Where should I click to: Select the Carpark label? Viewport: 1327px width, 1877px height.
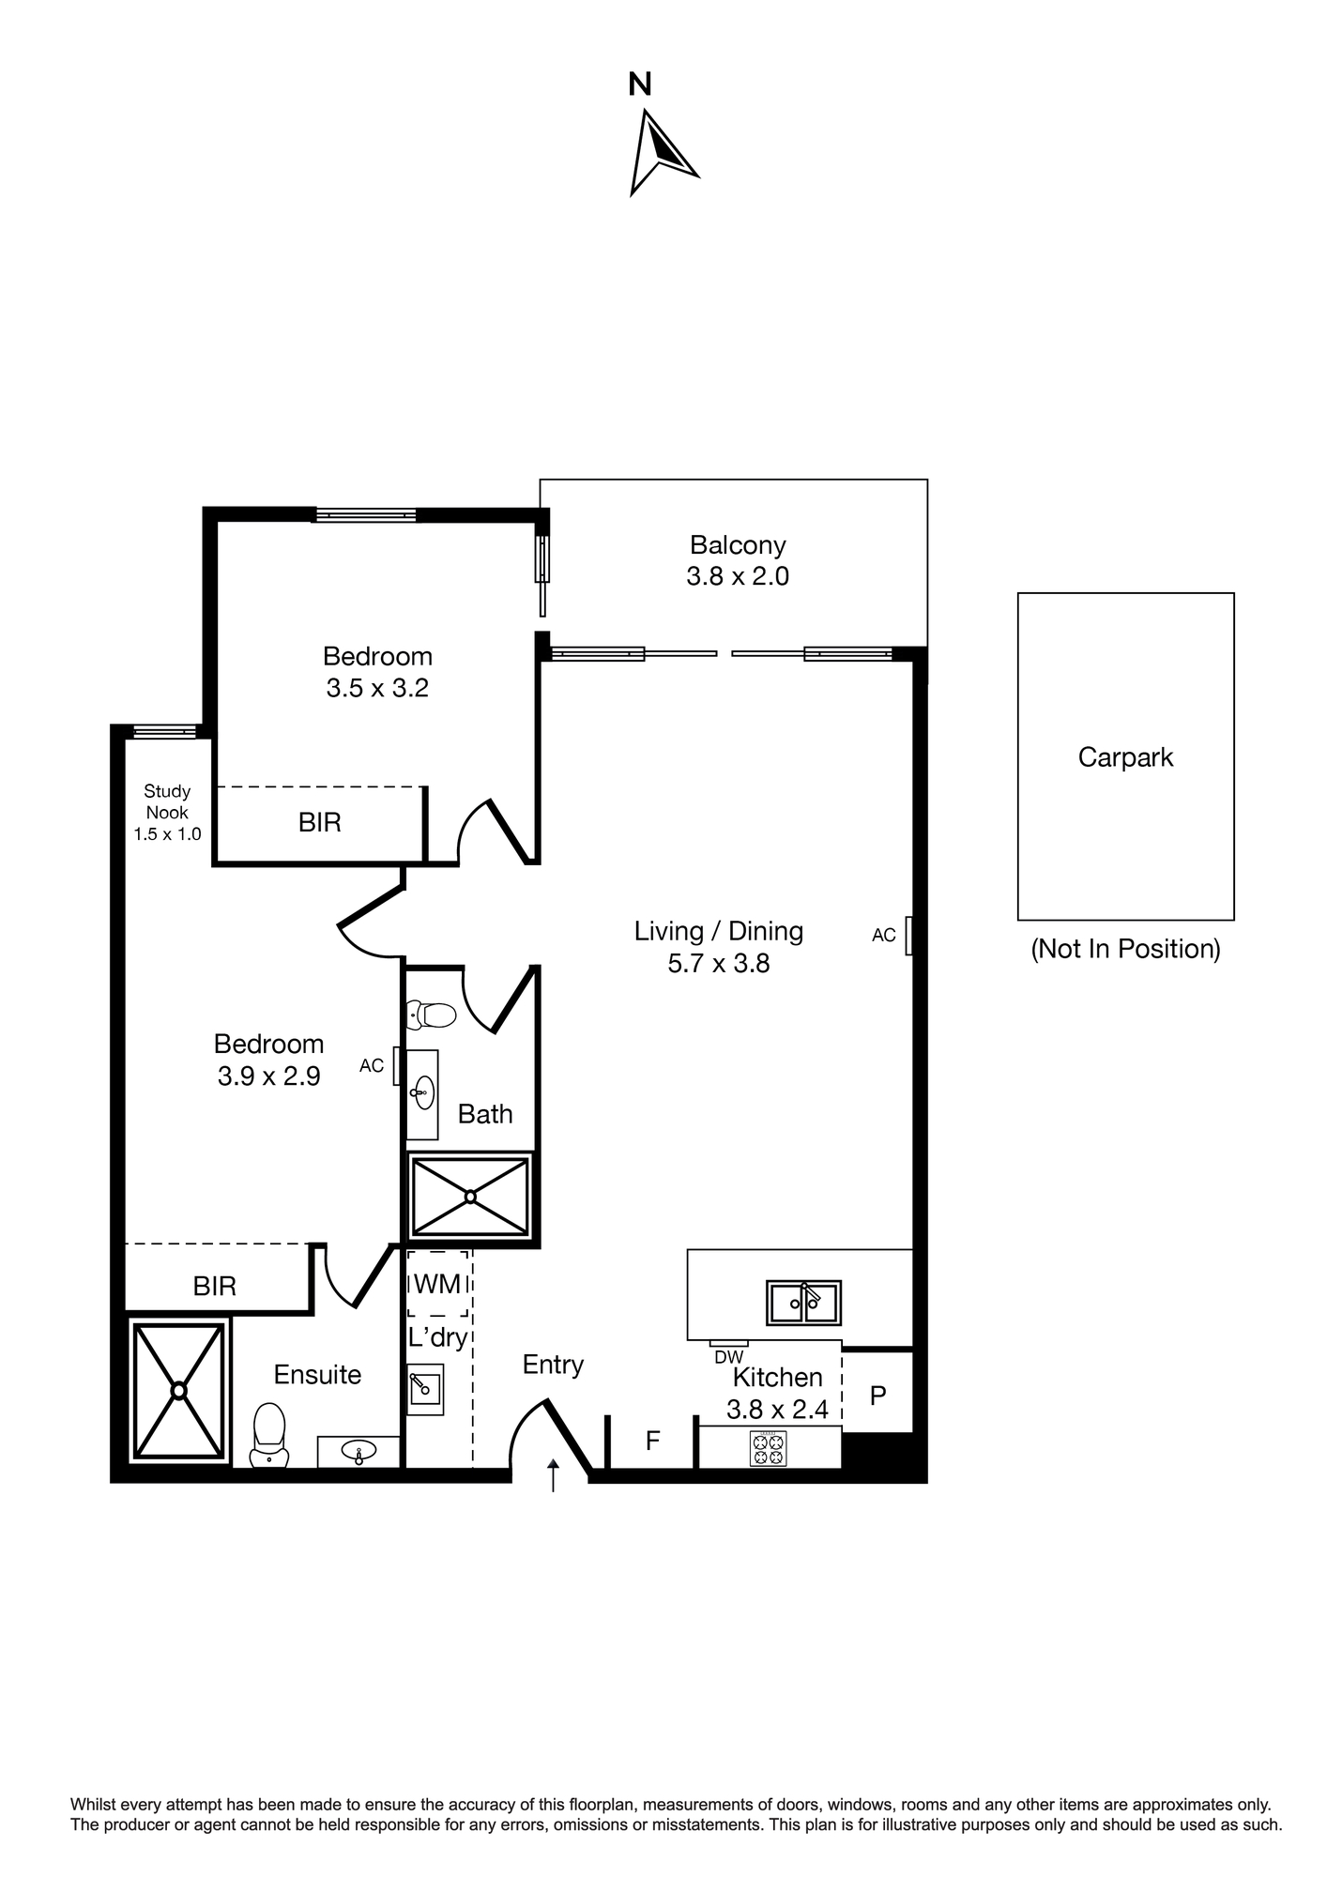[1125, 757]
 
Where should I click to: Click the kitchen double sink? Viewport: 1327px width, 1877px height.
[803, 1303]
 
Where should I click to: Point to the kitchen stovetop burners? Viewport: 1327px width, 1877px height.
[769, 1448]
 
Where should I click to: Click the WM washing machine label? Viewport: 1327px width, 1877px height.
[437, 1283]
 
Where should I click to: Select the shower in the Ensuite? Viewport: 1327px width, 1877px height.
[178, 1390]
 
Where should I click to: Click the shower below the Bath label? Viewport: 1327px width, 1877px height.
[470, 1197]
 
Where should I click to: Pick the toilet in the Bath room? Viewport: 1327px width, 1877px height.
[431, 1015]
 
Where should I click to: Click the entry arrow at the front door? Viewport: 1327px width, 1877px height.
[553, 1475]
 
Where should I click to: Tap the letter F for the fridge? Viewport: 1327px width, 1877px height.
[653, 1441]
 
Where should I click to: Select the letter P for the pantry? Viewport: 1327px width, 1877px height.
[877, 1396]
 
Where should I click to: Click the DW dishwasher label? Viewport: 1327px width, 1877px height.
[728, 1357]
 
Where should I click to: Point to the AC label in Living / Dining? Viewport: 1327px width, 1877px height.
[884, 935]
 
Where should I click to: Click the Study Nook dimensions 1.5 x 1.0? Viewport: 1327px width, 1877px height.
[167, 834]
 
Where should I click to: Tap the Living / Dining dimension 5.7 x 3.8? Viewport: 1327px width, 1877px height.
[719, 964]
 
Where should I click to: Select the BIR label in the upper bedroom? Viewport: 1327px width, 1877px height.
[320, 823]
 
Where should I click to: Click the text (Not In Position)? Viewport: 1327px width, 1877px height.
[1125, 949]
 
